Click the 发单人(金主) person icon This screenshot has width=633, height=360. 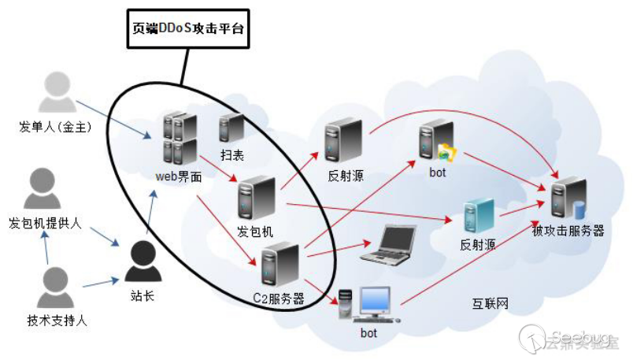(x=57, y=93)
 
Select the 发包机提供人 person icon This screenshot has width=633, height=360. (x=43, y=190)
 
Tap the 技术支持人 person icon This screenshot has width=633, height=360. (x=57, y=288)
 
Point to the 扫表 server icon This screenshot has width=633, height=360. (x=231, y=128)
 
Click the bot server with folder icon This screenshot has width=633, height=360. (x=438, y=141)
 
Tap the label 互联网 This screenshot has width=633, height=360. (x=490, y=303)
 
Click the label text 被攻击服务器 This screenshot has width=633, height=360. (x=568, y=231)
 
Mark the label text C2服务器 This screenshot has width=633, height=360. (x=278, y=299)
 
